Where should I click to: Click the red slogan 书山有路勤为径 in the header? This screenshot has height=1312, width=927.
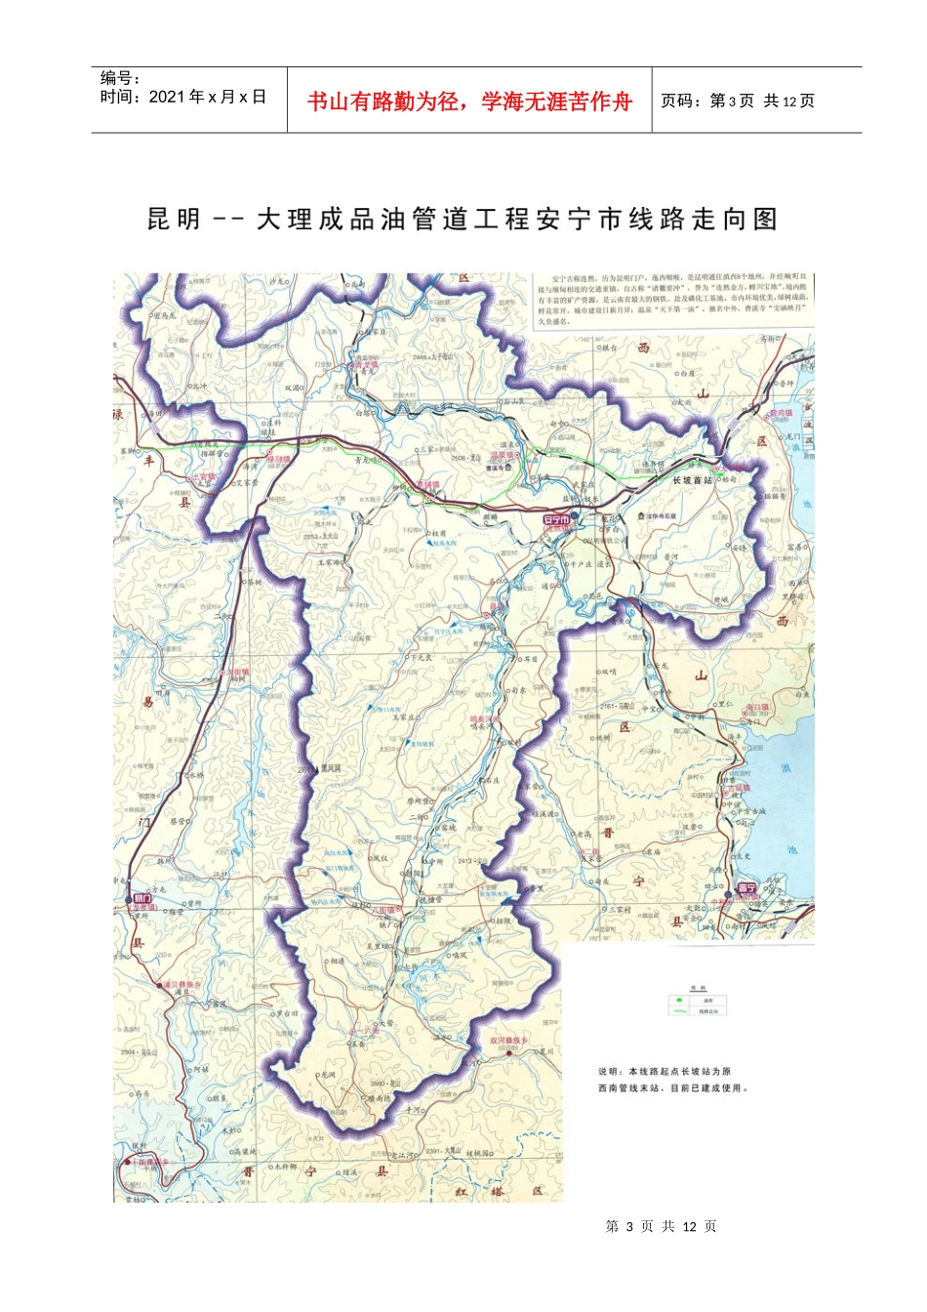click(469, 101)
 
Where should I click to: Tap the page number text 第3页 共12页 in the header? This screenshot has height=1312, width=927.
click(738, 101)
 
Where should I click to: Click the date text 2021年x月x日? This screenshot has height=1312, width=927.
click(208, 97)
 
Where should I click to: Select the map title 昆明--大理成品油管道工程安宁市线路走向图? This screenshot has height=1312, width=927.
click(462, 220)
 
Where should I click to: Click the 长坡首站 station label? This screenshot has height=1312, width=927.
click(693, 480)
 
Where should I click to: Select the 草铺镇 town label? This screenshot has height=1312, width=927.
click(427, 484)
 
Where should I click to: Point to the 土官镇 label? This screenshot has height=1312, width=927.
click(203, 478)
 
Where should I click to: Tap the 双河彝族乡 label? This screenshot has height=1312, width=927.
click(508, 1041)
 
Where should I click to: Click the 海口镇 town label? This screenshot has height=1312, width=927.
click(757, 707)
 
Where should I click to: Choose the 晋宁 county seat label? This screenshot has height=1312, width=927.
click(747, 887)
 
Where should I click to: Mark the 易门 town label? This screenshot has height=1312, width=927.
click(142, 896)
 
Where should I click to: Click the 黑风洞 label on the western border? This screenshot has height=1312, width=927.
click(332, 768)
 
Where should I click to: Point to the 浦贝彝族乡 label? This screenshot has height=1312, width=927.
click(181, 985)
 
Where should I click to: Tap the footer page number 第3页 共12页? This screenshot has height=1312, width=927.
click(661, 1226)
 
